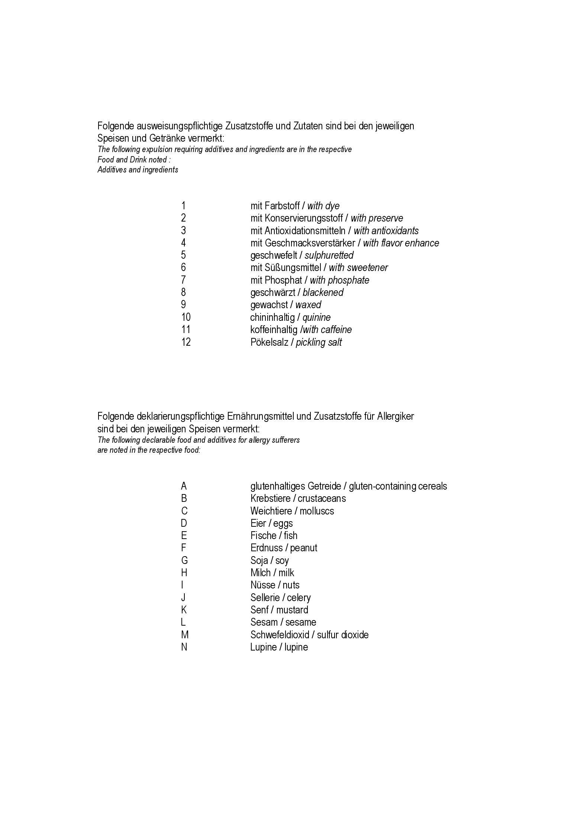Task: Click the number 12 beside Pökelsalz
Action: pos(186,342)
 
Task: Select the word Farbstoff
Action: pos(282,206)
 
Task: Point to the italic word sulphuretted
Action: pos(329,255)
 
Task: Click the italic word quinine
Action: pos(316,317)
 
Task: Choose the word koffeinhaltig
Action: pos(274,330)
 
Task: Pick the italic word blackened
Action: pos(323,293)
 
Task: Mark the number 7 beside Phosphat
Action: pos(183,280)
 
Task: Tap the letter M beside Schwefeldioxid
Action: pos(185,635)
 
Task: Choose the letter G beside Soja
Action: pos(184,561)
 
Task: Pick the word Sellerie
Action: pos(265,598)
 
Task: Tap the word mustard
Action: pos(292,610)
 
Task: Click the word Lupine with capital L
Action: pos(263,647)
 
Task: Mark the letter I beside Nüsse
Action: pos(182,585)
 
